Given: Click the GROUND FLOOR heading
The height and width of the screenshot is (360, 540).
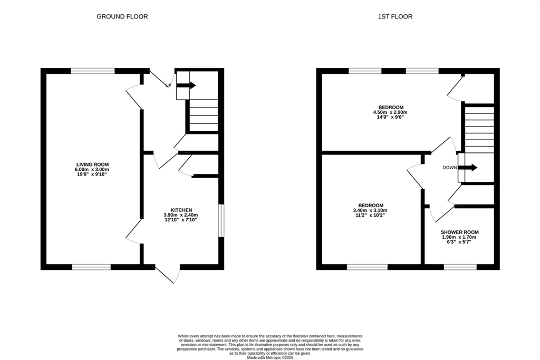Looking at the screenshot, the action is click(x=122, y=16).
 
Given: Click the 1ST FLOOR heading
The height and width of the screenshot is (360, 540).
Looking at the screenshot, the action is click(x=395, y=16).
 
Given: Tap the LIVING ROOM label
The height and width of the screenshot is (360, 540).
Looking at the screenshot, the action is click(x=92, y=164).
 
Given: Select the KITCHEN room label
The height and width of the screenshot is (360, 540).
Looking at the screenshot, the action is click(x=181, y=210).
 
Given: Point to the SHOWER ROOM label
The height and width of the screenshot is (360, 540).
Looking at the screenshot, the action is click(x=459, y=232).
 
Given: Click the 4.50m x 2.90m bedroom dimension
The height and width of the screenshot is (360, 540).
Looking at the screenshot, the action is click(x=391, y=112).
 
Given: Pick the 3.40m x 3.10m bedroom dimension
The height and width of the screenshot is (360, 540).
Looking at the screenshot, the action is click(x=370, y=210).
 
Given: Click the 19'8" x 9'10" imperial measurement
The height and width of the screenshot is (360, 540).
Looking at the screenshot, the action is click(x=92, y=174).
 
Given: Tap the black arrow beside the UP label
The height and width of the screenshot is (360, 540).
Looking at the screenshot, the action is click(x=186, y=85).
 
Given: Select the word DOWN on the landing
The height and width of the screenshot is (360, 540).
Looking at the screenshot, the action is click(x=450, y=168).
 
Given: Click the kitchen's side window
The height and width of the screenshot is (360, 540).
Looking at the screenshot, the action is click(x=221, y=221).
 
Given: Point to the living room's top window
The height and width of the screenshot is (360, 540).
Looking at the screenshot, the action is click(x=93, y=71).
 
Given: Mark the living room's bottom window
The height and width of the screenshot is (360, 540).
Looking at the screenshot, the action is click(x=91, y=267).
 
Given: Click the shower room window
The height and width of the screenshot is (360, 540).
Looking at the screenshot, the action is click(x=460, y=267).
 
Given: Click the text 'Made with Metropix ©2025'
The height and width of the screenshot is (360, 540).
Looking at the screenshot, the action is click(x=270, y=357).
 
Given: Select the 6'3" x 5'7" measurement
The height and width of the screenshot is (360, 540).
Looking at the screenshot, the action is click(x=459, y=242).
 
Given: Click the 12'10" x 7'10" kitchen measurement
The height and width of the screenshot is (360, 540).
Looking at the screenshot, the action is click(x=181, y=220).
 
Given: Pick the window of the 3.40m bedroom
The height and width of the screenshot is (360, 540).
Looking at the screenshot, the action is click(x=367, y=267).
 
